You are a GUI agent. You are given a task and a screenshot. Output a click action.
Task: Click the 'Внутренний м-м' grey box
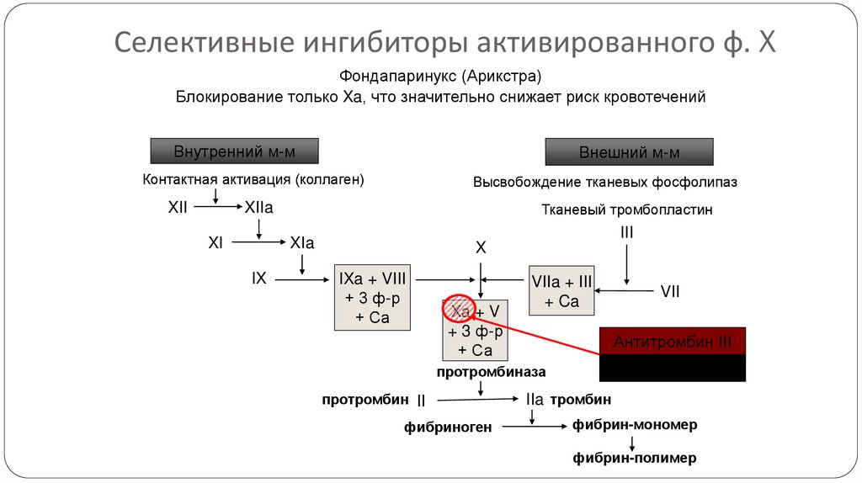coord(235,151)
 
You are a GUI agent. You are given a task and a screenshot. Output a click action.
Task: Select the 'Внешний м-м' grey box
coord(629,152)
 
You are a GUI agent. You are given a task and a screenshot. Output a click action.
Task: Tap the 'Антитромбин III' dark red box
coord(672,342)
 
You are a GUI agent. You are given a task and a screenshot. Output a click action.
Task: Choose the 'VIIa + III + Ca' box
coord(561,291)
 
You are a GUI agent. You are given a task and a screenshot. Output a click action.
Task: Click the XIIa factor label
coord(258,207)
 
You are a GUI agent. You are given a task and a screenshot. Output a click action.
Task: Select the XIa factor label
coord(301,243)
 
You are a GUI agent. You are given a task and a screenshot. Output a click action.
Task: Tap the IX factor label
coord(258,277)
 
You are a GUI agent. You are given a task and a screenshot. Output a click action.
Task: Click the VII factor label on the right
coord(670,291)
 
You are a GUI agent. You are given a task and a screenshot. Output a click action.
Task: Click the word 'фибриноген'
coord(448,427)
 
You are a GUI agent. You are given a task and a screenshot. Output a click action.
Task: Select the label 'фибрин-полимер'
coord(635,458)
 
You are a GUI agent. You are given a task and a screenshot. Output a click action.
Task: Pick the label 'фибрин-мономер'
coord(635,425)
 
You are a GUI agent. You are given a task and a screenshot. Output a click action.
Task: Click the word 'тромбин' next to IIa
coord(581,399)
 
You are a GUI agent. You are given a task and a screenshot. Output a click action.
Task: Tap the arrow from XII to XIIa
coord(216,207)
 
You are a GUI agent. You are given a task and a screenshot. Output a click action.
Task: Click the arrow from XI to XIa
coord(258,243)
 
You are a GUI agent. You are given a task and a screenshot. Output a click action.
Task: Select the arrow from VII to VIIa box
coord(623,291)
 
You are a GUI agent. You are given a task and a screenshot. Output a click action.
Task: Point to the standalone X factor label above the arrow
coord(481,248)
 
